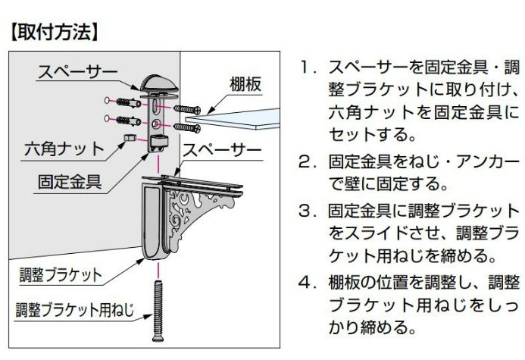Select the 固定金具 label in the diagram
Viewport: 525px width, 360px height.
coord(69,182)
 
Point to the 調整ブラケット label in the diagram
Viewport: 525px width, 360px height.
coord(61,274)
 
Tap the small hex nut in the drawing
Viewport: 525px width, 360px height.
coord(130,138)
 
